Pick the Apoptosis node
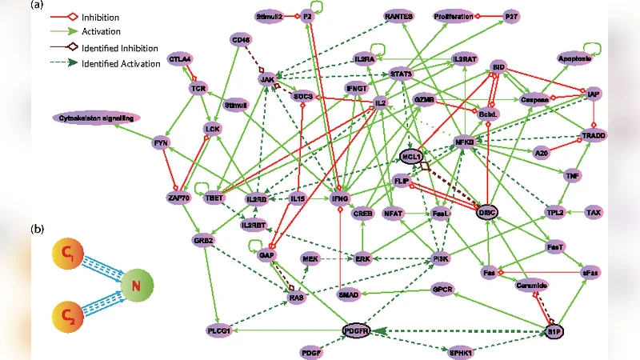(576, 59)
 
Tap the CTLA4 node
(179, 59)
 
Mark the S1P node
(555, 330)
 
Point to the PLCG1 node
(218, 330)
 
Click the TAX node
(593, 213)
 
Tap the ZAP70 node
(178, 198)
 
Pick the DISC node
(486, 213)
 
